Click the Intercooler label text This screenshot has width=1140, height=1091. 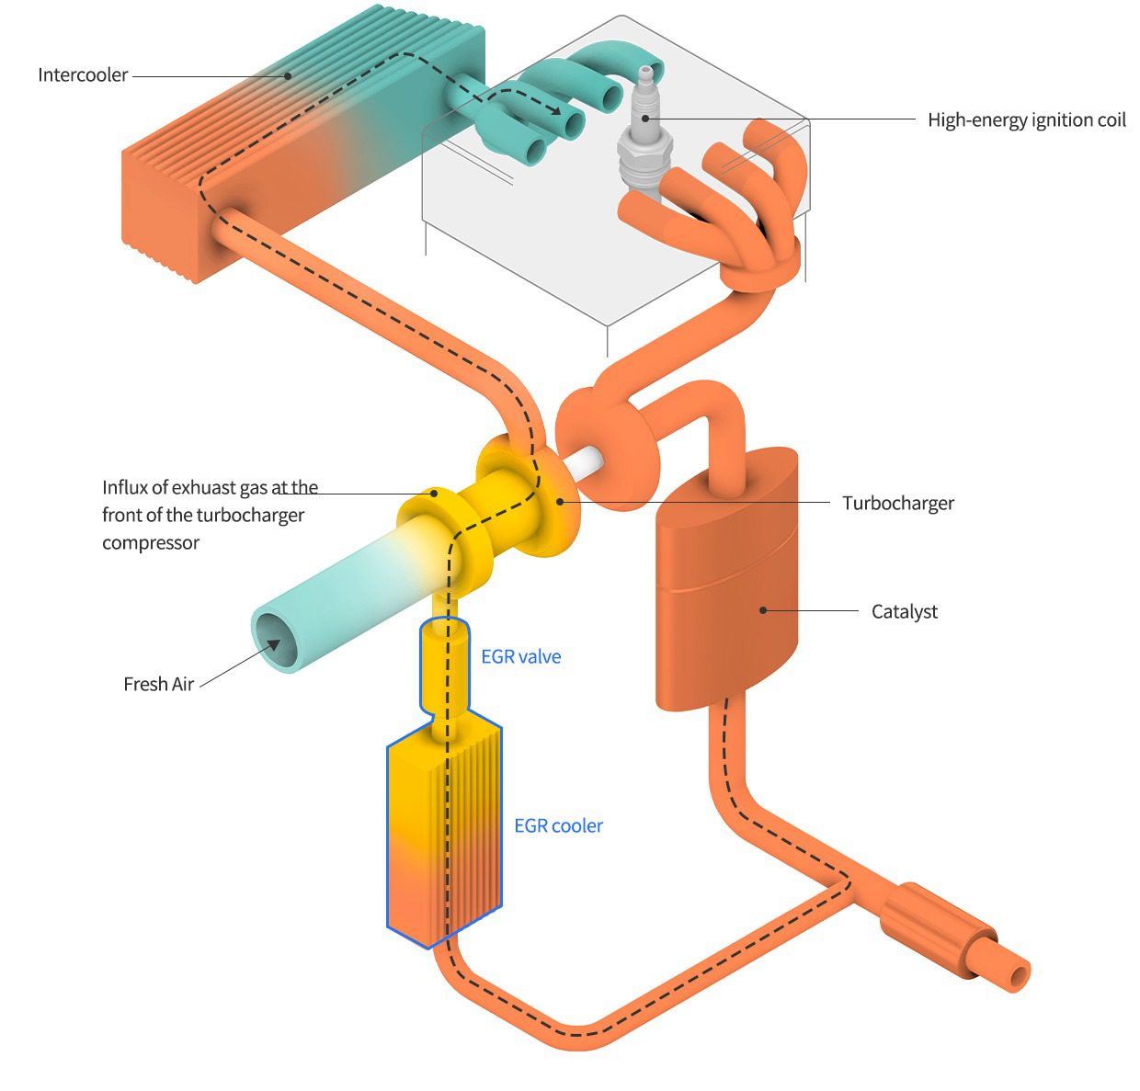click(83, 75)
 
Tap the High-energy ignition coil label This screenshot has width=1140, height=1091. click(1026, 120)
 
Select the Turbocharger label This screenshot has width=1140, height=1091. click(898, 504)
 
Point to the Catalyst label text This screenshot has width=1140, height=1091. click(904, 612)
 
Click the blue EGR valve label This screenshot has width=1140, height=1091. click(520, 657)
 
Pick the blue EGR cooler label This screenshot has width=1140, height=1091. click(558, 826)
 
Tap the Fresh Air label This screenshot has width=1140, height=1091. click(159, 685)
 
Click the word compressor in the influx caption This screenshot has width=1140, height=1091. click(151, 543)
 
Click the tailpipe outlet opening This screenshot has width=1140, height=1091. click(1018, 977)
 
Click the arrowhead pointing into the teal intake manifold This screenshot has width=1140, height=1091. click(556, 110)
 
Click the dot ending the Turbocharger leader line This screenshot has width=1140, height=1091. click(560, 501)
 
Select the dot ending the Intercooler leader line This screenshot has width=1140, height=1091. click(288, 76)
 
